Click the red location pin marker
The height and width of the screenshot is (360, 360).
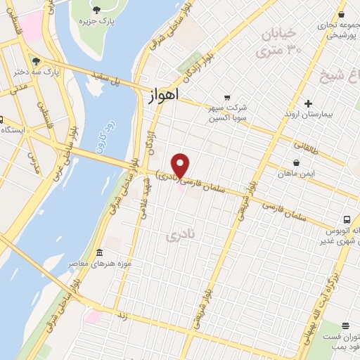181,165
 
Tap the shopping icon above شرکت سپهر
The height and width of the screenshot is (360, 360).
226,97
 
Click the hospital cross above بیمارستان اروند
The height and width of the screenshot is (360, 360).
307,103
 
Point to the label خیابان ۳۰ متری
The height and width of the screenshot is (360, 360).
280,42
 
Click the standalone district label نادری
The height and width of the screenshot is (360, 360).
179,237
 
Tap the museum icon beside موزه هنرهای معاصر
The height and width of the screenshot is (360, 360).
99,252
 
